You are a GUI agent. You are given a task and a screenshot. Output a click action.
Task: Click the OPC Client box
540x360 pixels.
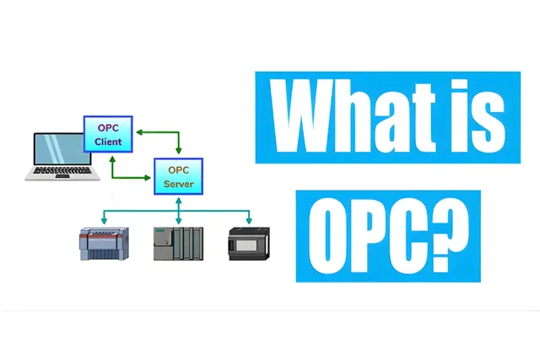(108, 134)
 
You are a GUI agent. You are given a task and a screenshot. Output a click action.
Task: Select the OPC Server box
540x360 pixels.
(178, 176)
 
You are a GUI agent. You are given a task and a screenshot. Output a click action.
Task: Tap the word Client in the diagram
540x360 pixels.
(108, 142)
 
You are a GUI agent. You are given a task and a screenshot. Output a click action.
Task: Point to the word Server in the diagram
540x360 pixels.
(178, 184)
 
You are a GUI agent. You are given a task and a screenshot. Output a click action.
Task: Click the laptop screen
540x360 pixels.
(62, 149)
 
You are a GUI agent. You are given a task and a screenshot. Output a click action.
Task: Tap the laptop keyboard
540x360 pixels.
(62, 170)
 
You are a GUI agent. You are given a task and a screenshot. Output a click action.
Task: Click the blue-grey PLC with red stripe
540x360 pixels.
(105, 244)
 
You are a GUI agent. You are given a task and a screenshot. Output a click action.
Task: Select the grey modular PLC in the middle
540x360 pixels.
(178, 244)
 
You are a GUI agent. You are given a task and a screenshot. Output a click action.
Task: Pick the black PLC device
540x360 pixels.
(249, 244)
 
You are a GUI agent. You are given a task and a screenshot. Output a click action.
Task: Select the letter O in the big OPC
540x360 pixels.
(326, 236)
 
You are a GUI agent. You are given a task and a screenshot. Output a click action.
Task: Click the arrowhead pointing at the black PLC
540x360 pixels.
(249, 221)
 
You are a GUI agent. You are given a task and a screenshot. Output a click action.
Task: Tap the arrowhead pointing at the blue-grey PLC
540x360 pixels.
(104, 221)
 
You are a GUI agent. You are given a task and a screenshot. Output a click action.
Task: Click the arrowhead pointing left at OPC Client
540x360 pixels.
(139, 132)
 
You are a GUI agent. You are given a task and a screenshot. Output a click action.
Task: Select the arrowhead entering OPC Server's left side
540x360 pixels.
(148, 178)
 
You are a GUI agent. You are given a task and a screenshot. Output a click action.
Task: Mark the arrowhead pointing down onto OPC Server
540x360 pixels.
(178, 150)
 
